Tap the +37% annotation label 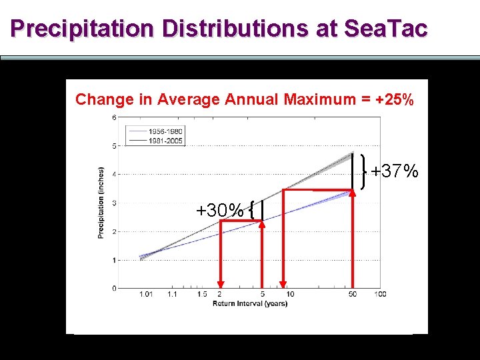(395, 171)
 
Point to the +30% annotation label (219, 211)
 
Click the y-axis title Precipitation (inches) (101, 203)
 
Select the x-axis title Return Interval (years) (249, 304)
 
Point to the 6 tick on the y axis (115, 118)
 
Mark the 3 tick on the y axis (115, 203)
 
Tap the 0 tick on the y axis (115, 288)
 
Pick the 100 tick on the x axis (380, 294)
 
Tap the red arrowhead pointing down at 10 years (284, 283)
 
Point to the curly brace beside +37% (364, 171)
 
